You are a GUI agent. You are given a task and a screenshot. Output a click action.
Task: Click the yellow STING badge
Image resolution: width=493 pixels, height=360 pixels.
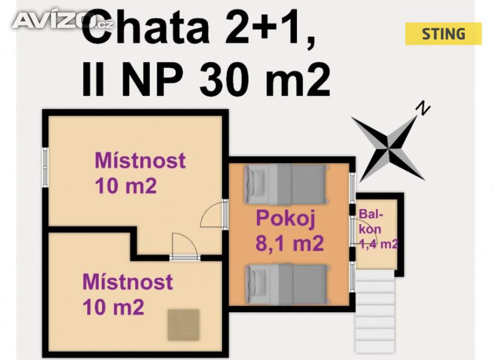(443, 34)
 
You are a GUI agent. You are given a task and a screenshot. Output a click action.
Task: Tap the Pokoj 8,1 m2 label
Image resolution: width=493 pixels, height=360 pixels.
(289, 231)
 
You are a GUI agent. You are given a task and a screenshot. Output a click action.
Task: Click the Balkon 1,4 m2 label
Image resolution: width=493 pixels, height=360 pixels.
(378, 229)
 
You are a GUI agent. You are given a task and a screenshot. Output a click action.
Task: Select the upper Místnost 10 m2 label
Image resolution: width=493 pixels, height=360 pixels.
(140, 173)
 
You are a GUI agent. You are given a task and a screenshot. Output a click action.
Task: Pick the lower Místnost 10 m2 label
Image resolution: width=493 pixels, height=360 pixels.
(128, 294)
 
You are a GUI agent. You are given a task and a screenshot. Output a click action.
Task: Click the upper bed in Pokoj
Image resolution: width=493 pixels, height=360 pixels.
(286, 185)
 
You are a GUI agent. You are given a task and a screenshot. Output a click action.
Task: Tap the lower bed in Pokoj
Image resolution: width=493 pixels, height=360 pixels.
(286, 284)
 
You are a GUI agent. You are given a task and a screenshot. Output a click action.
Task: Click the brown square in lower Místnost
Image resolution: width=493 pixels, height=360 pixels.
(183, 325)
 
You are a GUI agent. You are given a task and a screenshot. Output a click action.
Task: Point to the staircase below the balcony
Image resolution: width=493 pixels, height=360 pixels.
(375, 311)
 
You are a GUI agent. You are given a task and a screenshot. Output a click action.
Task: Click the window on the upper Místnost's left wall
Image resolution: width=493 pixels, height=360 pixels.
(45, 167)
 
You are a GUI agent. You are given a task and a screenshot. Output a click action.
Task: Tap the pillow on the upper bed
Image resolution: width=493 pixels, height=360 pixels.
(255, 185)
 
